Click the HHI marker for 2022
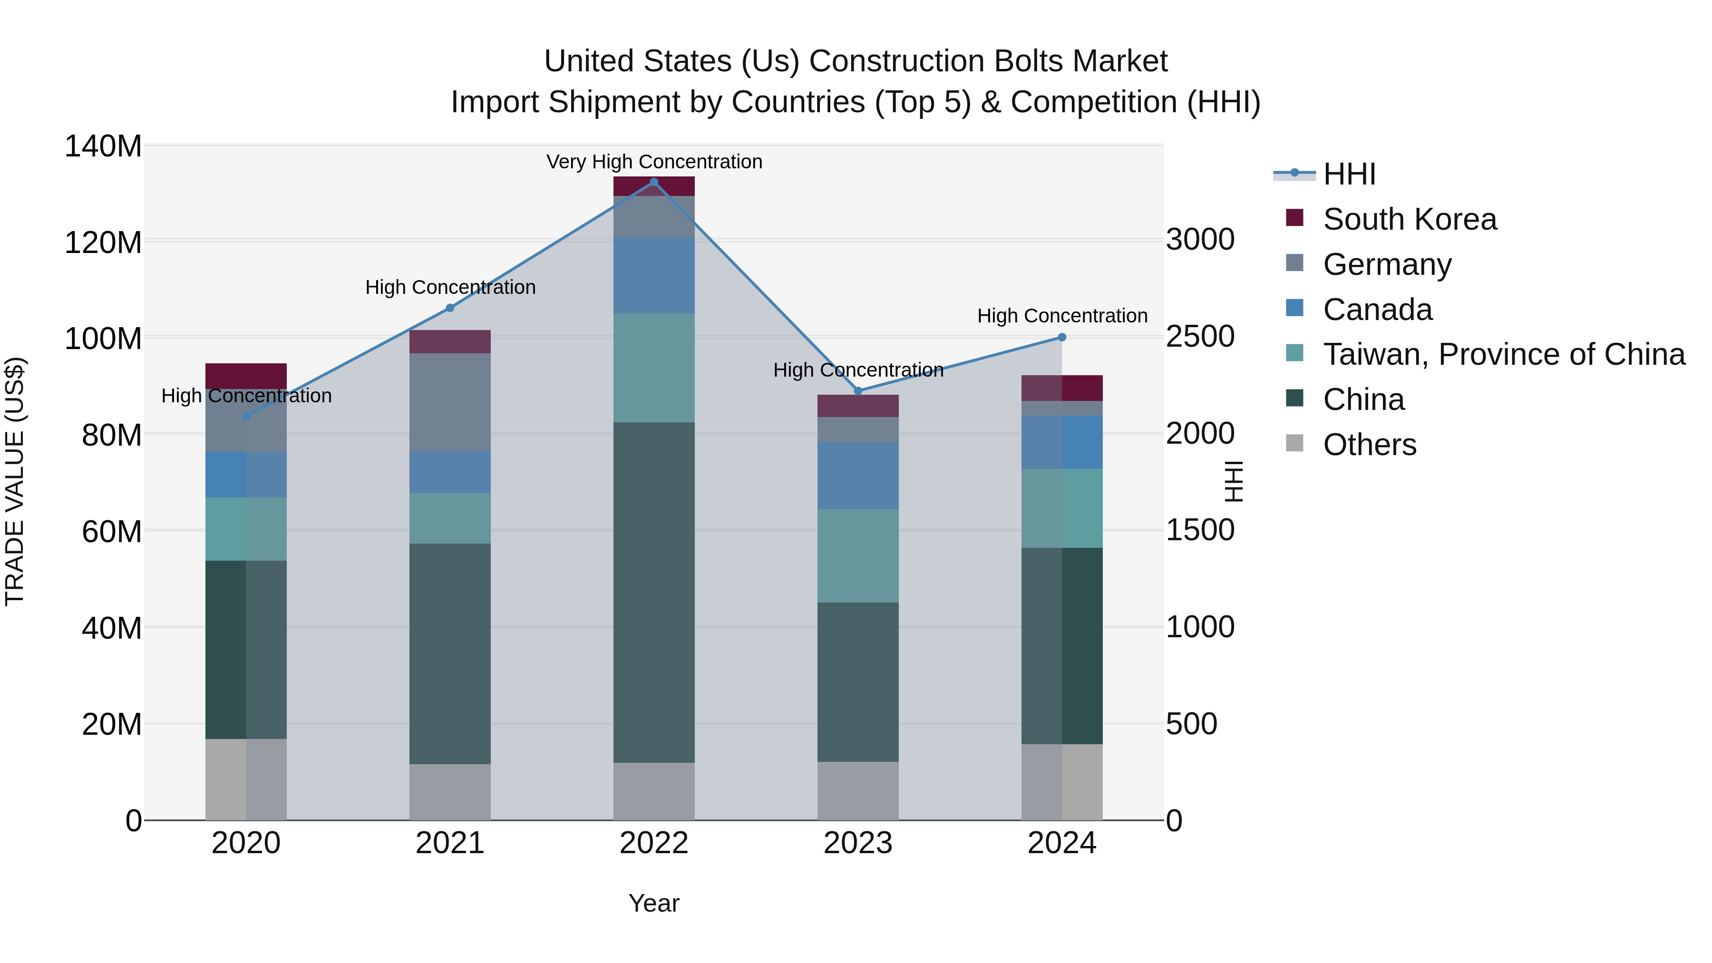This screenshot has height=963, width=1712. (x=653, y=182)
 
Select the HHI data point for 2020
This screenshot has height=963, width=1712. (x=246, y=417)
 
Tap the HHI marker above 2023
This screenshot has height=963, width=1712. (x=857, y=391)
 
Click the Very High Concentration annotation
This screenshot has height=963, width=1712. (x=654, y=162)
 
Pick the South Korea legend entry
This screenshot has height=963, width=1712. (x=1409, y=219)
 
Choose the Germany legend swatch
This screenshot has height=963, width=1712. (x=1294, y=263)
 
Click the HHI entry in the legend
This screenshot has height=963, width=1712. (x=1349, y=174)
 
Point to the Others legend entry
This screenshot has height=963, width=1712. (x=1369, y=445)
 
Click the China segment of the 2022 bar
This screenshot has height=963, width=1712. (x=653, y=592)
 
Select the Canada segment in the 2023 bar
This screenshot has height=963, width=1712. (x=857, y=476)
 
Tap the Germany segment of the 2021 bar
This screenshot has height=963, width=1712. (x=450, y=402)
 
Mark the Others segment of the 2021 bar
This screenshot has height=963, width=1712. (x=450, y=792)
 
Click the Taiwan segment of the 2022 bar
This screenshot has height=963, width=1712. (x=653, y=368)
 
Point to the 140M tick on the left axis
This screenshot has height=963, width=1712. (x=103, y=146)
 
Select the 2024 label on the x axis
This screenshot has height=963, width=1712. (x=1061, y=843)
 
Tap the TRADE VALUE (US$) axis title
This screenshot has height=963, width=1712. (x=15, y=482)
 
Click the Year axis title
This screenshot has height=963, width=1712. (x=653, y=903)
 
